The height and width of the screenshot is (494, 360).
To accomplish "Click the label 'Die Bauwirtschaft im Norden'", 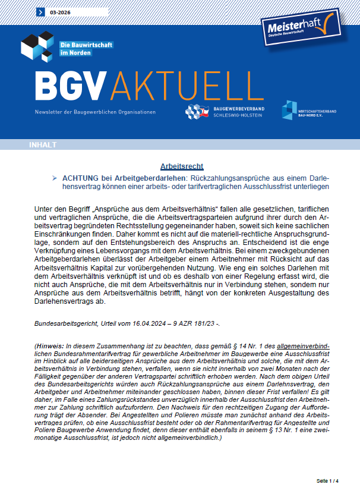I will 86,49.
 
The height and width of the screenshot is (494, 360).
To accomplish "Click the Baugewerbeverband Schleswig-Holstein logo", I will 225,111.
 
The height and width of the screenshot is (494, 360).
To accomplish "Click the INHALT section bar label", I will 43,145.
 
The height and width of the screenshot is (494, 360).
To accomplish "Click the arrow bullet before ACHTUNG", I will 55,178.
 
